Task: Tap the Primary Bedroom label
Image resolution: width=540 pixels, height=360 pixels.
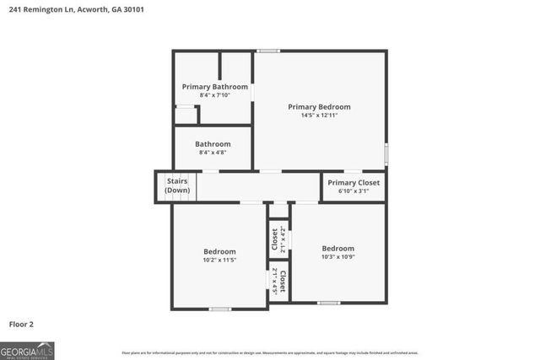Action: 319,107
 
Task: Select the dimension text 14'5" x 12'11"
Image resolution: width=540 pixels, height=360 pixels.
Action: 319,116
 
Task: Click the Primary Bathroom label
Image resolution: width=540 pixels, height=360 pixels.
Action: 215,87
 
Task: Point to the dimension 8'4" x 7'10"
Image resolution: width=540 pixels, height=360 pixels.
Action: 215,95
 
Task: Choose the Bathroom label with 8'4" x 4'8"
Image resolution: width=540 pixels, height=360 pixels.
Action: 213,144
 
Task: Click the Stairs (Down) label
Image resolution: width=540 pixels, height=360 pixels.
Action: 177,185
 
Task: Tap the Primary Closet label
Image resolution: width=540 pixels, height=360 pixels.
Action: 354,183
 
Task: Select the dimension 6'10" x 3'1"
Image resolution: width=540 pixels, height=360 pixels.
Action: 354,191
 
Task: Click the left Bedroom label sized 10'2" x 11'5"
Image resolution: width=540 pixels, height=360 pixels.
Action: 219,251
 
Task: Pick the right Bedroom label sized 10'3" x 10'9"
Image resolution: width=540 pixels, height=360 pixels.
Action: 337,248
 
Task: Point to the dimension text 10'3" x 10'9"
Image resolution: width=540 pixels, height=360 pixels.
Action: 337,257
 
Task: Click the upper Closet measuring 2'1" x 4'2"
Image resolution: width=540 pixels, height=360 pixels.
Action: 274,239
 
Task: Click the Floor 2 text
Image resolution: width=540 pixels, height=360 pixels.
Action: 22,324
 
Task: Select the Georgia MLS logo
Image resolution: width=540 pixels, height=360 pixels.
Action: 27,350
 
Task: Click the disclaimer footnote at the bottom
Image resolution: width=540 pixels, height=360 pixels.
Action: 270,352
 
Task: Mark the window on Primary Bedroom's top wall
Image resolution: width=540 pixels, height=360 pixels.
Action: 269,51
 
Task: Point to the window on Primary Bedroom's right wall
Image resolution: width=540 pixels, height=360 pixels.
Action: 386,154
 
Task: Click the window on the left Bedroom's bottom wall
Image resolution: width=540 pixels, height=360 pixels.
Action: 220,309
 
